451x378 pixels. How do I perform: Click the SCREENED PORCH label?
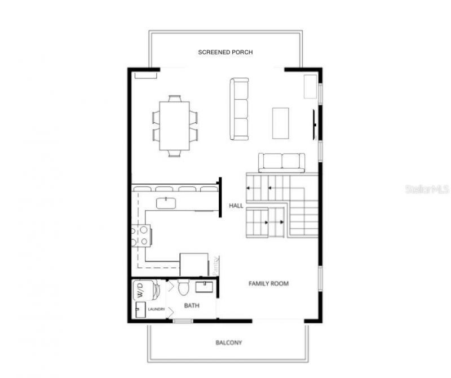tap(225, 52)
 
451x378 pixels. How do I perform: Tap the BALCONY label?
tap(228, 343)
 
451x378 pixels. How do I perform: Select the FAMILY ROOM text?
tap(268, 283)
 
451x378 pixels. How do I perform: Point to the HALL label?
tap(236, 206)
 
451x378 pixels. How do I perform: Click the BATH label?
tap(192, 305)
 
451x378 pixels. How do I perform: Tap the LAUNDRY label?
tap(156, 309)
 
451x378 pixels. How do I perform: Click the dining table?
tap(175, 125)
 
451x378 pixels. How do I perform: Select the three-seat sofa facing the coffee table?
tap(239, 109)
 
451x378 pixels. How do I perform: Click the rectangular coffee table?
tap(280, 123)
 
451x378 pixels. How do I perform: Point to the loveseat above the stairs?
tap(282, 162)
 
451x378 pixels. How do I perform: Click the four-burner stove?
tap(141, 235)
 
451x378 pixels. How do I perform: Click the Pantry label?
tap(215, 265)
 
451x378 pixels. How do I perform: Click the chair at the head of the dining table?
tap(175, 98)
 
